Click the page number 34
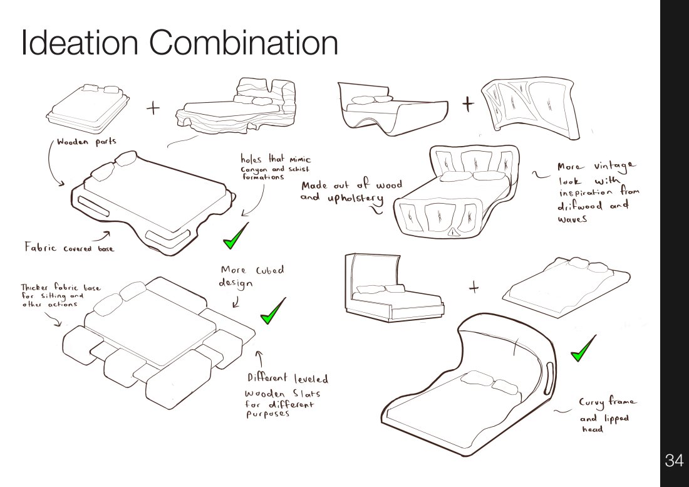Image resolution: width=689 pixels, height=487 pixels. pyautogui.click(x=674, y=460)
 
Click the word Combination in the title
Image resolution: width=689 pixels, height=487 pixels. pyautogui.click(x=244, y=43)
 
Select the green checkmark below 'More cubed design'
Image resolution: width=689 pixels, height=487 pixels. pyautogui.click(x=273, y=311)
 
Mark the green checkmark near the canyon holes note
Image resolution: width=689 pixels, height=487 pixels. pyautogui.click(x=236, y=236)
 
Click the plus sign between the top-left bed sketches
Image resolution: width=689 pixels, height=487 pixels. pyautogui.click(x=153, y=108)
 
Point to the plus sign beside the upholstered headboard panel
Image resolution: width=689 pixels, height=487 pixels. pyautogui.click(x=469, y=104)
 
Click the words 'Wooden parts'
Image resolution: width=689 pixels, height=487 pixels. pyautogui.click(x=86, y=142)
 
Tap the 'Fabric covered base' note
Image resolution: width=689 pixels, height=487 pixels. pyautogui.click(x=69, y=247)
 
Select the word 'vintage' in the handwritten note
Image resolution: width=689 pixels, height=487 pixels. pyautogui.click(x=614, y=165)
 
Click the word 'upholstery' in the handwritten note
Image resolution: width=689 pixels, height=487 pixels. pyautogui.click(x=355, y=199)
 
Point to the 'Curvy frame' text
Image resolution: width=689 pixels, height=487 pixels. pyautogui.click(x=607, y=402)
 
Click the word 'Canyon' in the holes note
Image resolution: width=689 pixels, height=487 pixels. pyautogui.click(x=254, y=170)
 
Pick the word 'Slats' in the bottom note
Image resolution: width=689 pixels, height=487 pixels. pyautogui.click(x=307, y=393)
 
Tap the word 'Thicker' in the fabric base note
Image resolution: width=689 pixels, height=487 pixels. pyautogui.click(x=35, y=288)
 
